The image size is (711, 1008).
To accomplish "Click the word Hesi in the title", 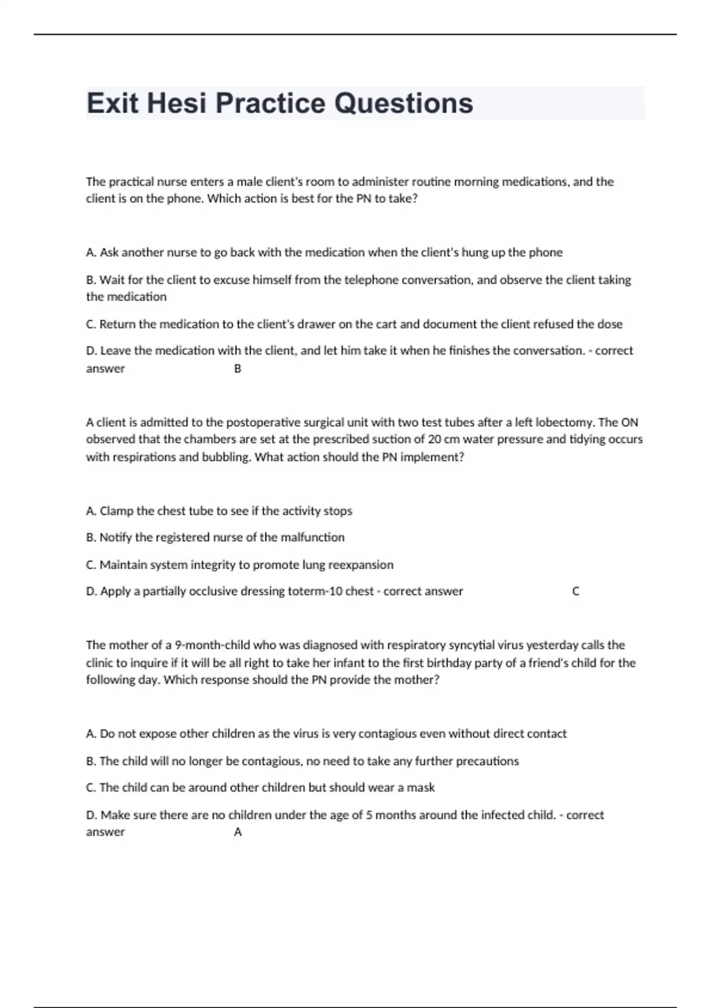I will [177, 103].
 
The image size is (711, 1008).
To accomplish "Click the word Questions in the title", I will [403, 103].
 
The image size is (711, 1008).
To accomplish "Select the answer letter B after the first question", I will [238, 369].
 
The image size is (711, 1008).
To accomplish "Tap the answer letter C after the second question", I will [575, 591].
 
